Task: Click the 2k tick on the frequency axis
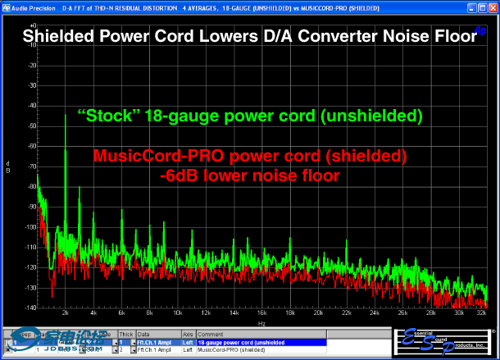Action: (66, 312)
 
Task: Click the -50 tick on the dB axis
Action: (31, 125)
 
